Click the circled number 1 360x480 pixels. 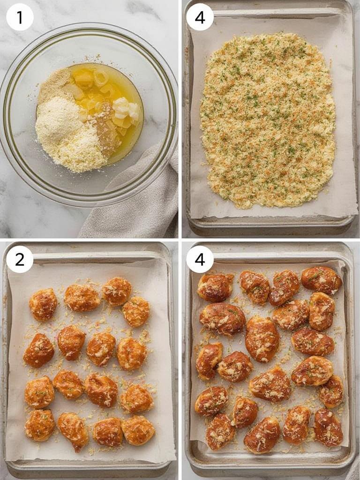pos(20,17)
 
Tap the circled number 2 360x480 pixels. pos(20,259)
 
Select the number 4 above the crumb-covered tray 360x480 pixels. pos(200,17)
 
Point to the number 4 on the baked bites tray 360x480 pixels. pos(200,259)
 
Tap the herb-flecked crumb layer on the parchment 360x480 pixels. pos(267,120)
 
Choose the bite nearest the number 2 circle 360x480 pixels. pos(43,305)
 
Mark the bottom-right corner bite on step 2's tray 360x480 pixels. pos(138,430)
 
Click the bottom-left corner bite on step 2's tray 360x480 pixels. pos(40,425)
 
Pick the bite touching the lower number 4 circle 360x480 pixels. pos(215,287)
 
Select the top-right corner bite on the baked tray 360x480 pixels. pos(322,280)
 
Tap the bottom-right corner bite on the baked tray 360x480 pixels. pos(328,427)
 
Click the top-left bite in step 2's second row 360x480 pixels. pos(38,350)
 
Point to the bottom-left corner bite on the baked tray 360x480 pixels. pos(220,431)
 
